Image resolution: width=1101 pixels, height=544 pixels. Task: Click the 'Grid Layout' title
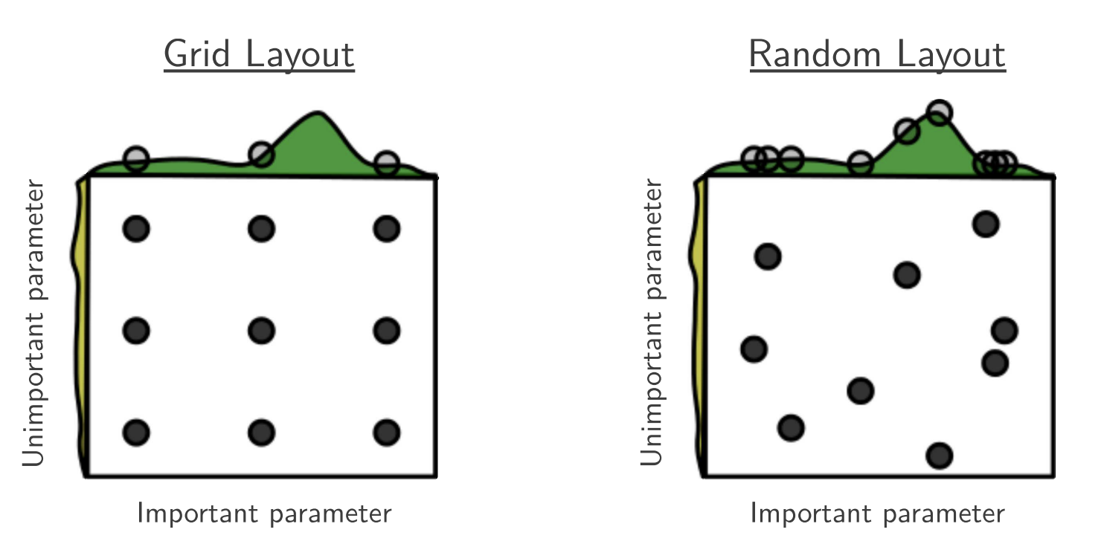click(259, 54)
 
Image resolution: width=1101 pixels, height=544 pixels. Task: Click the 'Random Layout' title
click(877, 54)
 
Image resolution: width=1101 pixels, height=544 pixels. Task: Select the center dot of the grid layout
click(262, 331)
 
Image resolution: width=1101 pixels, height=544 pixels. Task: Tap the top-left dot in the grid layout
click(136, 229)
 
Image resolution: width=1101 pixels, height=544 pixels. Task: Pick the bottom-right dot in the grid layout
click(387, 433)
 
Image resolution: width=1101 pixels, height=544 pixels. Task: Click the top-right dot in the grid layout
click(387, 229)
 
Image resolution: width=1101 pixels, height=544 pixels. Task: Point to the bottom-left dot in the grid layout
click(136, 433)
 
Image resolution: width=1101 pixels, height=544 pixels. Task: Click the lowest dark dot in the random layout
click(940, 456)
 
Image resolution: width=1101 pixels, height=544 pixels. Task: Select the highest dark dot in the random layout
click(986, 224)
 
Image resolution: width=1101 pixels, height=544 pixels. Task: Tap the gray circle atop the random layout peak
click(940, 112)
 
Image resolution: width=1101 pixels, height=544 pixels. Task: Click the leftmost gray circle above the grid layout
click(136, 159)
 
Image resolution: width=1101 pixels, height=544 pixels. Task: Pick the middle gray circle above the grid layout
click(262, 154)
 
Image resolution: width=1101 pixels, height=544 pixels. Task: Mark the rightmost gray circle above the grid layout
click(387, 163)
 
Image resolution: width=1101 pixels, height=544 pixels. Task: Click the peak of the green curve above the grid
click(318, 113)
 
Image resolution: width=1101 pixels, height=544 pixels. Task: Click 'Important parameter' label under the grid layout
click(264, 514)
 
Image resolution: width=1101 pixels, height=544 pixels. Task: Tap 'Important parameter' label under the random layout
click(877, 514)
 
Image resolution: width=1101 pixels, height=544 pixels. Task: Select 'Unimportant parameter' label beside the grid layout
click(33, 323)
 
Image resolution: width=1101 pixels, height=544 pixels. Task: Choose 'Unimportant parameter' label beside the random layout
click(652, 323)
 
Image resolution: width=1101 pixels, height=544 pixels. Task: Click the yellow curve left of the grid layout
click(80, 326)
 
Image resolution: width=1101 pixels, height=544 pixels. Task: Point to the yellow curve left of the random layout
click(698, 326)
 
